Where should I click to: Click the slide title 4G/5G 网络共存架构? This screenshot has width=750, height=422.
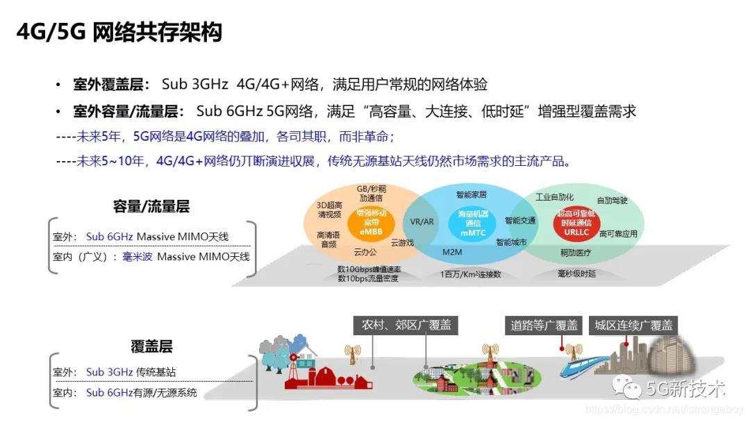(x=119, y=32)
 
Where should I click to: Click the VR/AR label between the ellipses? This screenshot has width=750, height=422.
(x=422, y=222)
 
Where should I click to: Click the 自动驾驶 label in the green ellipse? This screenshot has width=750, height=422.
(x=612, y=201)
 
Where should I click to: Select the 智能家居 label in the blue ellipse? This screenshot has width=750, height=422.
(x=471, y=195)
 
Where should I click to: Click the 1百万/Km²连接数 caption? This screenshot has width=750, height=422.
(x=470, y=274)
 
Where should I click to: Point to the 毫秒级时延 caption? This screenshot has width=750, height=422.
(x=576, y=274)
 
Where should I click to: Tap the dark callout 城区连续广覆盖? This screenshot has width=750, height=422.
(x=631, y=325)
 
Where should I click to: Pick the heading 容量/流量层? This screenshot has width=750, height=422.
(x=151, y=206)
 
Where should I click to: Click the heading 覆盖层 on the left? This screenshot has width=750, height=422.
(x=151, y=346)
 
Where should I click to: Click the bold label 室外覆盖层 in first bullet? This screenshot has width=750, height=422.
(x=111, y=85)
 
